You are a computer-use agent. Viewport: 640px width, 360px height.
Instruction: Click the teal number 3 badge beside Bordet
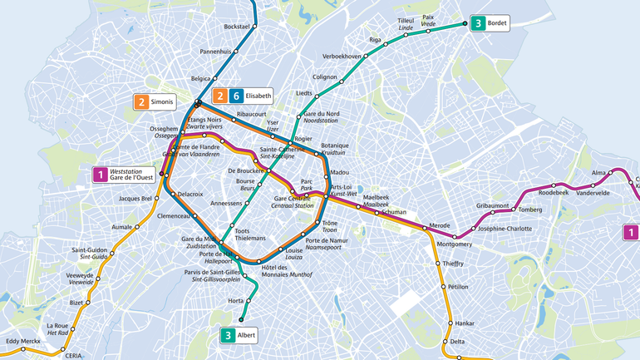click(x=478, y=23)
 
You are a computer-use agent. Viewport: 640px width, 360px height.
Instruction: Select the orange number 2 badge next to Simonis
click(x=141, y=102)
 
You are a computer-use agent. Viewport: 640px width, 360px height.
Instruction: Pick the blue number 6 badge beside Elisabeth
click(x=236, y=96)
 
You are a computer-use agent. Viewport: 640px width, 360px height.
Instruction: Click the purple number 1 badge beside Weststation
click(x=100, y=174)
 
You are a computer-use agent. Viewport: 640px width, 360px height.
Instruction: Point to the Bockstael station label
click(x=237, y=27)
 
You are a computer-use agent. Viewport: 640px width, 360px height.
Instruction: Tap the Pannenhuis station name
click(x=215, y=52)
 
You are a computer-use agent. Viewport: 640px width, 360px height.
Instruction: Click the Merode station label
click(x=439, y=225)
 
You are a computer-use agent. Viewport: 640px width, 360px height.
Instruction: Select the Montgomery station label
click(x=454, y=244)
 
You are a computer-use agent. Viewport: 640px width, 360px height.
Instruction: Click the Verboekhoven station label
click(x=342, y=57)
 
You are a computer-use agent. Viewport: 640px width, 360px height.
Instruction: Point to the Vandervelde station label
click(x=593, y=193)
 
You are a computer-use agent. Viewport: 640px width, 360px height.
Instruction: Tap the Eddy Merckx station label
click(x=22, y=341)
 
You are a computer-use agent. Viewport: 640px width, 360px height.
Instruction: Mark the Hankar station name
click(x=465, y=323)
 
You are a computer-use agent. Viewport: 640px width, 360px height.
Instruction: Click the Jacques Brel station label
click(x=135, y=199)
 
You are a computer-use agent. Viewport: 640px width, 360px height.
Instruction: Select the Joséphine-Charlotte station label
click(x=505, y=229)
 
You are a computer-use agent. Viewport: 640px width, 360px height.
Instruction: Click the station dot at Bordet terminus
click(x=465, y=24)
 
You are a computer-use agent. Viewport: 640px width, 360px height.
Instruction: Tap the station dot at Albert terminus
click(x=241, y=320)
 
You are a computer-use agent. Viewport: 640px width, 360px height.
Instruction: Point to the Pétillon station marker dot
click(x=443, y=287)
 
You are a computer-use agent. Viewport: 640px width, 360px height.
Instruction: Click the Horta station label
click(x=235, y=300)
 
